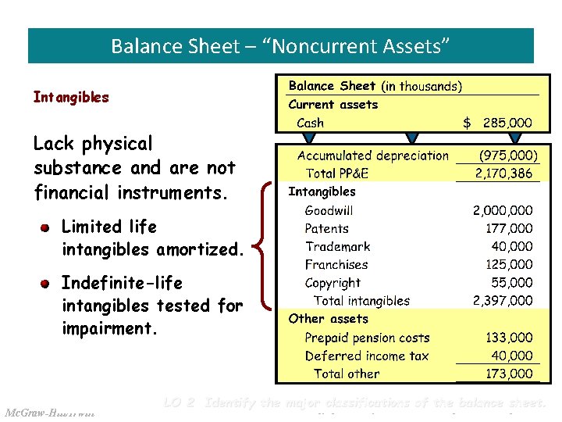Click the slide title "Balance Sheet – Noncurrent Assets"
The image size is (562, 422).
280,46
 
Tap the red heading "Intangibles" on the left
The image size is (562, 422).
71,98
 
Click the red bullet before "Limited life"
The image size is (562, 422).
46,227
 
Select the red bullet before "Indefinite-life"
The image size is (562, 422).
46,283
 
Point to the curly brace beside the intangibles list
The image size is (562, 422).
266,245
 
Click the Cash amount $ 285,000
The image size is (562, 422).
497,123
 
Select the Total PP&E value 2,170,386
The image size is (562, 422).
503,173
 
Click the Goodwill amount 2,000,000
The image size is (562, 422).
503,210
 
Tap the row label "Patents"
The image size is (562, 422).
326,228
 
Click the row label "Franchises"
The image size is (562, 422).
336,265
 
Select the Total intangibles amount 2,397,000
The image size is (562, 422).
503,301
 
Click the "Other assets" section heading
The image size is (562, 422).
328,319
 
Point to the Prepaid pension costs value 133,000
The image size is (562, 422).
509,338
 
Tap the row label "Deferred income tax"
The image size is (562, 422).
366,356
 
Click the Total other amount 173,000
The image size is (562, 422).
509,374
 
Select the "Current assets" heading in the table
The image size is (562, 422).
333,105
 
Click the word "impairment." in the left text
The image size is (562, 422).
109,329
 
